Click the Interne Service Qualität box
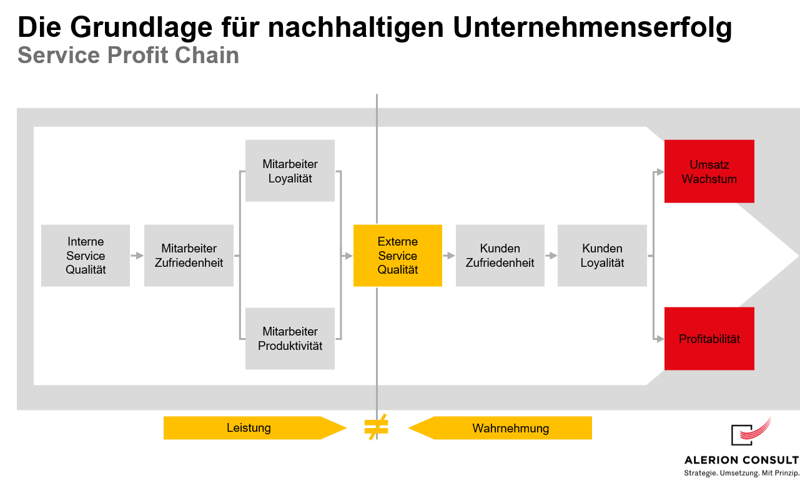click(x=86, y=256)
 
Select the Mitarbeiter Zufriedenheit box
click(x=189, y=256)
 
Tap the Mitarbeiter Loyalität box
click(x=290, y=171)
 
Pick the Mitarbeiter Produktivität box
click(x=290, y=338)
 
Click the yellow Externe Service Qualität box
click(x=397, y=256)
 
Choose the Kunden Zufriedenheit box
click(x=500, y=256)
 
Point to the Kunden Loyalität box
click(x=602, y=256)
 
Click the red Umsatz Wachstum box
click(x=709, y=171)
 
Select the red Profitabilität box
click(x=709, y=338)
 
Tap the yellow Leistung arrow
click(x=255, y=427)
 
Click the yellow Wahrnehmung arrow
click(x=500, y=427)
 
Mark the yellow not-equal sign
click(x=376, y=427)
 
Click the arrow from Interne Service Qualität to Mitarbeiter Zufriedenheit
click(x=137, y=256)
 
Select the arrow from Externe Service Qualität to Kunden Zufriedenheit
click(x=449, y=256)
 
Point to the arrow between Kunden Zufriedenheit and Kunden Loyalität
click(x=551, y=256)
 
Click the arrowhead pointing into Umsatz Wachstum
click(x=660, y=172)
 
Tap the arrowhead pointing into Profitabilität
click(x=660, y=339)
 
